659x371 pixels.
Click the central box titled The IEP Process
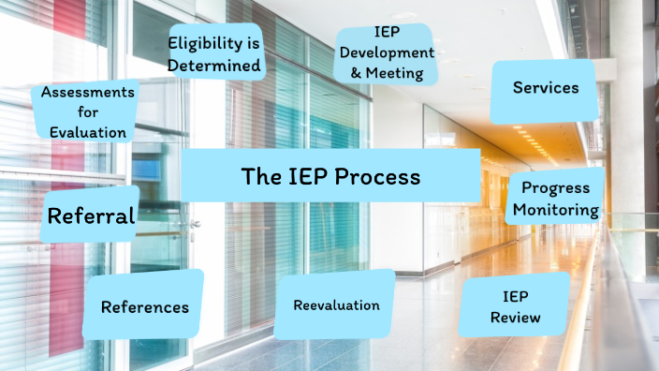(330, 175)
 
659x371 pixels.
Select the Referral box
(92, 215)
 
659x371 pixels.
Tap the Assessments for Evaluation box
(84, 111)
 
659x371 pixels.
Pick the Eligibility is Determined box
(214, 53)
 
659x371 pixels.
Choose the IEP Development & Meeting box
(384, 52)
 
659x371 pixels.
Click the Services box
(545, 89)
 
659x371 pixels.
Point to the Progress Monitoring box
(555, 198)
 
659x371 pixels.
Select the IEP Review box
(515, 306)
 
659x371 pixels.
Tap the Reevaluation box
(335, 304)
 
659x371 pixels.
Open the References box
(143, 305)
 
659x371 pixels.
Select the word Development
(386, 52)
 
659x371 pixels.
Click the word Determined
(215, 66)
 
